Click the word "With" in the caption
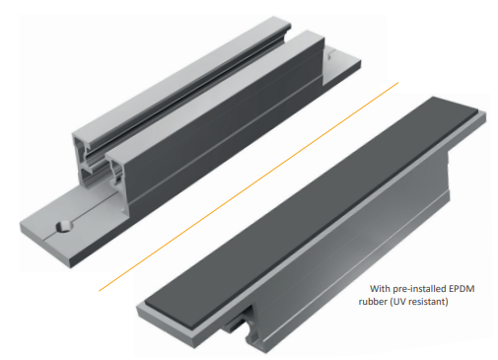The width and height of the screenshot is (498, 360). (x=379, y=289)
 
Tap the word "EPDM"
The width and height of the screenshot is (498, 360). (x=462, y=289)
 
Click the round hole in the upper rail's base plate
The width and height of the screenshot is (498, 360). (x=64, y=226)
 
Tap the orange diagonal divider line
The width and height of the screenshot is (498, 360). (x=249, y=186)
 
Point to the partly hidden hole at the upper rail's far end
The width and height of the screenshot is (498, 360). (x=329, y=55)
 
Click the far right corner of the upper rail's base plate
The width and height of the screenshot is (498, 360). (x=361, y=61)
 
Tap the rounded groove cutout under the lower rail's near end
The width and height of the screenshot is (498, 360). (x=250, y=326)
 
